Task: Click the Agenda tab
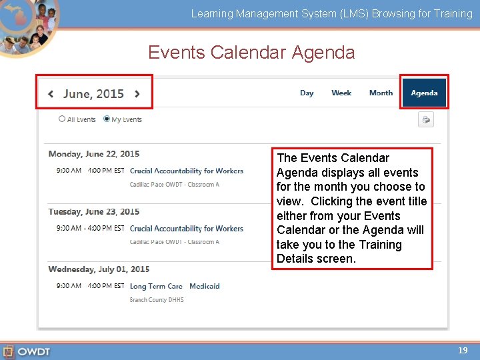(x=424, y=93)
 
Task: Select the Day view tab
(x=307, y=93)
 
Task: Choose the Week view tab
(x=341, y=93)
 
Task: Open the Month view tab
(x=381, y=93)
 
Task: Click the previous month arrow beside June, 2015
(x=51, y=94)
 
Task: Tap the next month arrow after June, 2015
(x=137, y=94)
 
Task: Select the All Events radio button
(x=62, y=119)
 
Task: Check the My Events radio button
(x=107, y=119)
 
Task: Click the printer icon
(x=425, y=120)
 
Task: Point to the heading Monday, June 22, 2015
(x=94, y=154)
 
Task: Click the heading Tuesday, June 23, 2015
(x=94, y=211)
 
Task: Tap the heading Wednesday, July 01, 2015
(x=99, y=269)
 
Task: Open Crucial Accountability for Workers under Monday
(x=187, y=171)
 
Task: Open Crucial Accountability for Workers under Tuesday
(x=187, y=229)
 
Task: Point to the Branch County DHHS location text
(x=157, y=300)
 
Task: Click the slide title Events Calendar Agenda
(x=251, y=52)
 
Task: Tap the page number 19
(x=463, y=350)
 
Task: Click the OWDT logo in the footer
(x=27, y=351)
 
